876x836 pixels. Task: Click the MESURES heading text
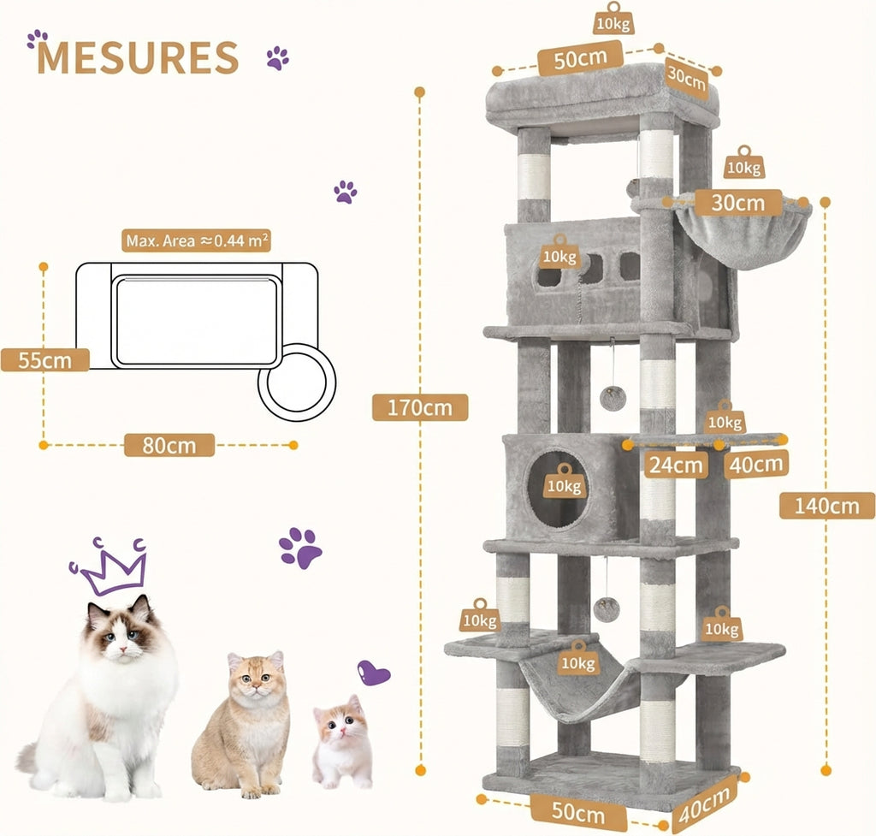(x=138, y=57)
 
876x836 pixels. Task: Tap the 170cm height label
(x=420, y=407)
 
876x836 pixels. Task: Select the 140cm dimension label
(x=825, y=506)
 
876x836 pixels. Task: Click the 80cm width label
(x=169, y=445)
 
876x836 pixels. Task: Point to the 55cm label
(x=44, y=359)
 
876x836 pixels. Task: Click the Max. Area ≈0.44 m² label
(x=198, y=241)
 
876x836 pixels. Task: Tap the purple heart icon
(x=373, y=673)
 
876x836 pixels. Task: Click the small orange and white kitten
(x=342, y=742)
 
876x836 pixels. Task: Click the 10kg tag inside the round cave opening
(x=564, y=482)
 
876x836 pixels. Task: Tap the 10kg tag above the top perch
(x=612, y=20)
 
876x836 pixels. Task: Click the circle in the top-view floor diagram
(x=297, y=382)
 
